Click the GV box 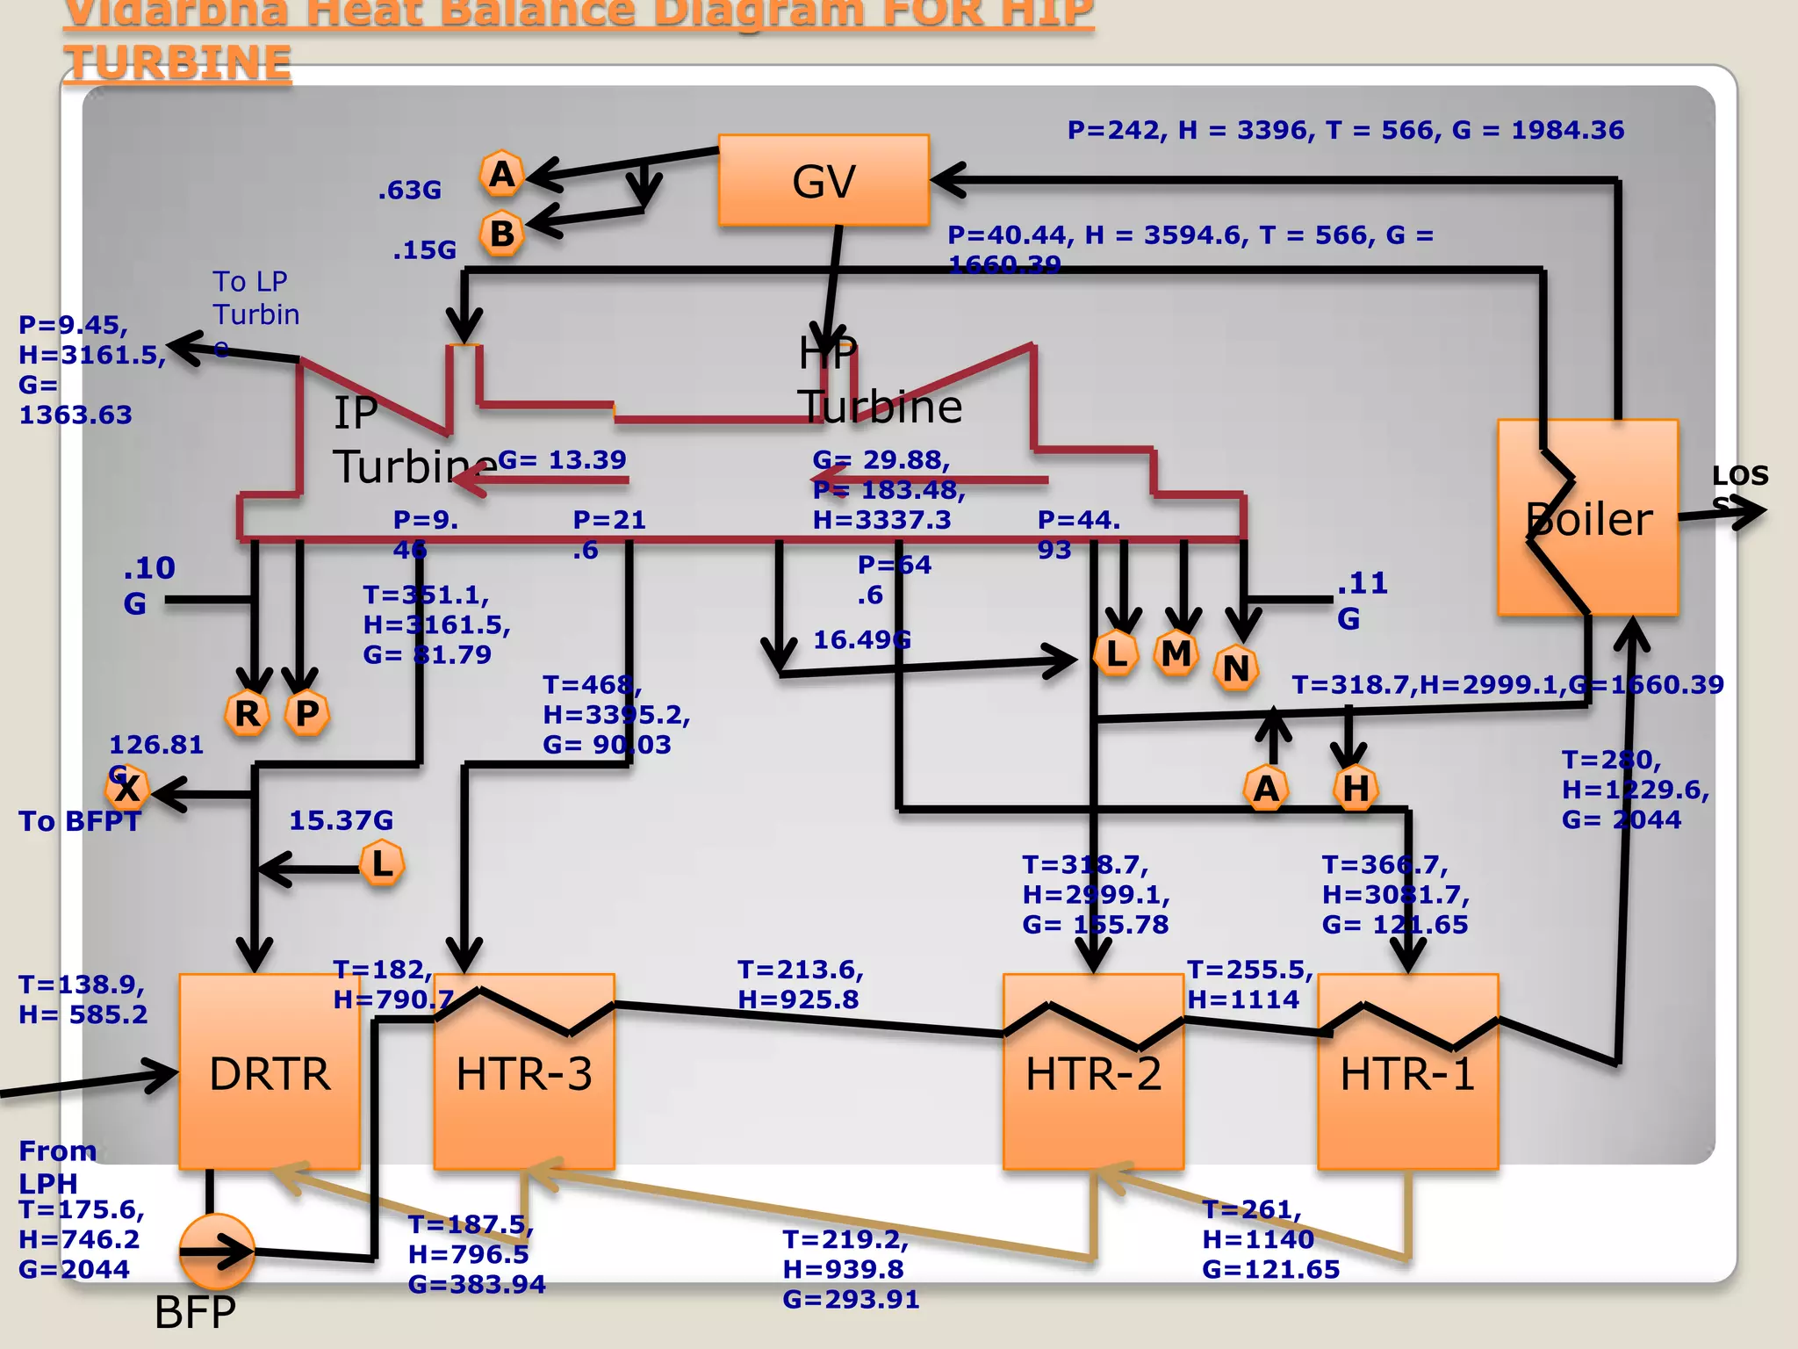click(823, 181)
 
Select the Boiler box click(1587, 518)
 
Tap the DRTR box click(270, 1072)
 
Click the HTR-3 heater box click(524, 1072)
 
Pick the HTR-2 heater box click(1093, 1072)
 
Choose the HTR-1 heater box click(1407, 1072)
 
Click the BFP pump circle click(216, 1251)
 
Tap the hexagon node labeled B click(502, 234)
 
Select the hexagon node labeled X click(127, 789)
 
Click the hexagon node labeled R click(247, 713)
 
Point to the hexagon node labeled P click(307, 713)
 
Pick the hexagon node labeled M click(1176, 653)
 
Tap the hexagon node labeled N click(1236, 668)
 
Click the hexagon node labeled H click(1356, 788)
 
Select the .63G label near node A click(409, 191)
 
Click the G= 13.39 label click(562, 459)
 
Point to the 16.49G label click(861, 639)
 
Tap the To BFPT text click(79, 821)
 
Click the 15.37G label click(341, 820)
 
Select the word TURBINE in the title click(177, 63)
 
